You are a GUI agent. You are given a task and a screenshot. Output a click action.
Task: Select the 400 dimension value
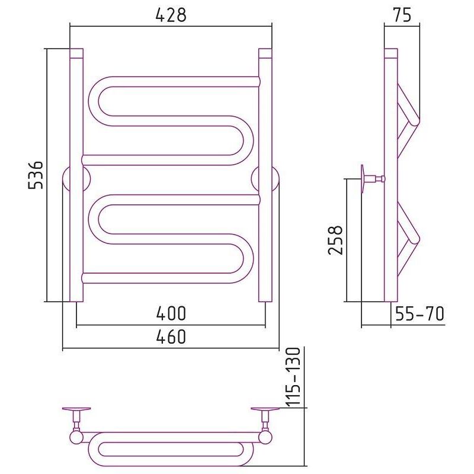tap(171, 313)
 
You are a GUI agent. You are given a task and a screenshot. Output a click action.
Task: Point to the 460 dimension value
tap(171, 337)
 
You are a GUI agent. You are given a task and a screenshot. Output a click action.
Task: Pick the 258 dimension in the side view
tap(335, 241)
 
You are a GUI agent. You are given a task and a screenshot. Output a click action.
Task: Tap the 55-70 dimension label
tap(419, 313)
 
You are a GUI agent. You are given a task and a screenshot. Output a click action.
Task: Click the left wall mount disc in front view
tap(76, 179)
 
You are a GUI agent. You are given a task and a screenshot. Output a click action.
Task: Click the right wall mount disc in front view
tap(265, 179)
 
